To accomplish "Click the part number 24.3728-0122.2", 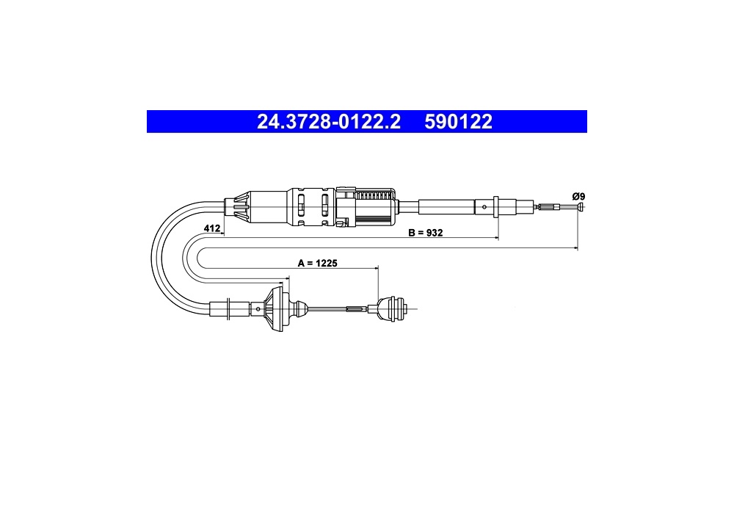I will pyautogui.click(x=328, y=122).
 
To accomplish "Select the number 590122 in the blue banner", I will pyautogui.click(x=458, y=122).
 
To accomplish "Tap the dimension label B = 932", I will pyautogui.click(x=425, y=232).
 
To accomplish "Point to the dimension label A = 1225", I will pyautogui.click(x=316, y=262).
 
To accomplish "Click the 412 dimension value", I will pyautogui.click(x=212, y=229).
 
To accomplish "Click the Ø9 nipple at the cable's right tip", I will pyautogui.click(x=580, y=209).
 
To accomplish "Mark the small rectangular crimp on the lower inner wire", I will pyautogui.click(x=355, y=309).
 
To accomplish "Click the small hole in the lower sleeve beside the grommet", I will pyautogui.click(x=261, y=309).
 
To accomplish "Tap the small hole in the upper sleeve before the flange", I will pyautogui.click(x=484, y=207).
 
